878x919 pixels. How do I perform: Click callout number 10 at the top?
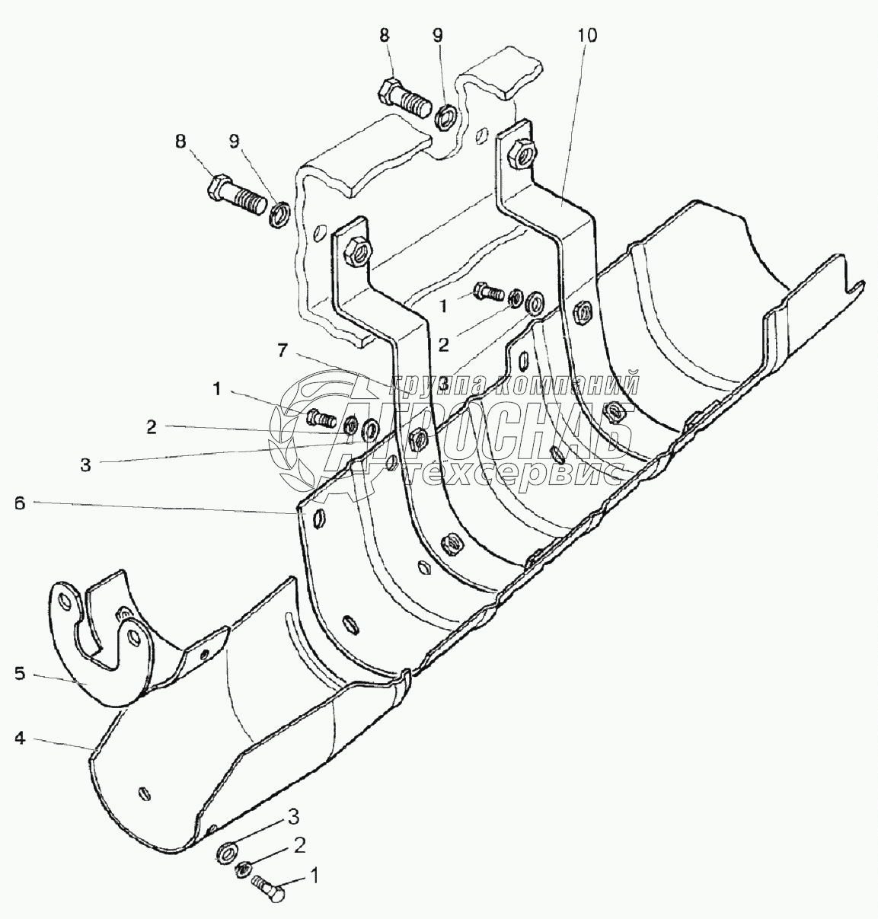point(587,35)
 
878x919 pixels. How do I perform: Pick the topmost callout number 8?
point(385,35)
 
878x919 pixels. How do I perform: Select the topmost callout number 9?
point(436,35)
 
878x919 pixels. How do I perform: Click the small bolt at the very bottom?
point(269,888)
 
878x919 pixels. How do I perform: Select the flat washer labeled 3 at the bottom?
point(228,850)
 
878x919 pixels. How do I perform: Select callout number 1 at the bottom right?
point(311,877)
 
